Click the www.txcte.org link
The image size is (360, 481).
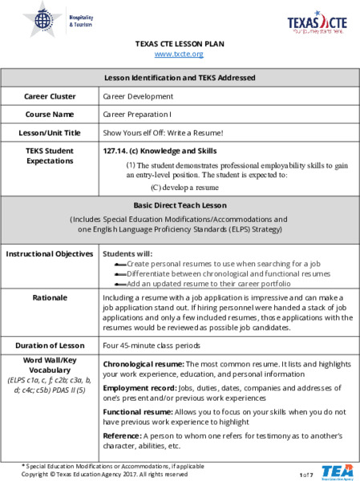[179, 54]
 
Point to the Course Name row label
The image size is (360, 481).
[50, 114]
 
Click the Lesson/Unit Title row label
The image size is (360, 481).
[50, 132]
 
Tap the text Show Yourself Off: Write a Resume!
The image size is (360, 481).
[163, 132]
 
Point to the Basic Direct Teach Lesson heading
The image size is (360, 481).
[180, 205]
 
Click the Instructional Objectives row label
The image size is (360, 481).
[50, 253]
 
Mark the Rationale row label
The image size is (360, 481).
[50, 297]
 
